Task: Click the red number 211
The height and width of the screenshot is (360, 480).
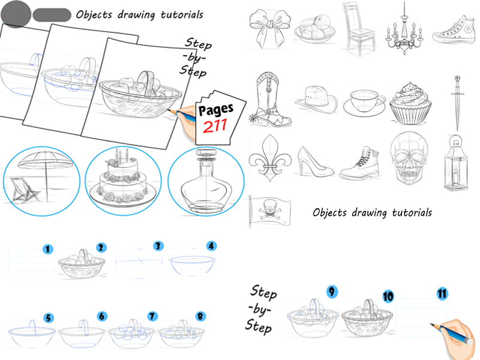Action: pos(215,127)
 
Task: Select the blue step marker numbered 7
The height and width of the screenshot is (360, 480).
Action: pos(152,316)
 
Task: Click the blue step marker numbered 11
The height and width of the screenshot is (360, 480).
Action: pos(442,293)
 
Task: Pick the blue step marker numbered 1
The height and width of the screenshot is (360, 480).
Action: pos(48,248)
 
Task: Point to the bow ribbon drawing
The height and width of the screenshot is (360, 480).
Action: pos(269,28)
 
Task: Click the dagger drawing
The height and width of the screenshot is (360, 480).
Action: pos(457,102)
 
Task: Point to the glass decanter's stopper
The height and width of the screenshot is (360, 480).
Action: pos(205,157)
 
